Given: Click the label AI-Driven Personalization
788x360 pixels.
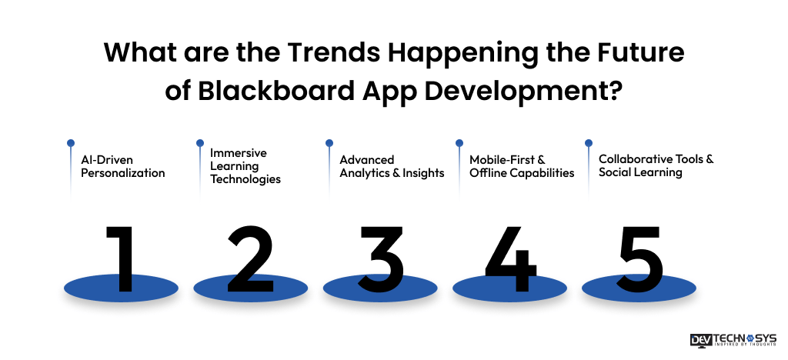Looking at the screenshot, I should [123, 166].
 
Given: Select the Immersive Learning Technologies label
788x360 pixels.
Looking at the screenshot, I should [245, 166].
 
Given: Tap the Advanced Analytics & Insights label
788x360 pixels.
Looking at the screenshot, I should [392, 166].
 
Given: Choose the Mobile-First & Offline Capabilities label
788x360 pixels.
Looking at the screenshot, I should [522, 166].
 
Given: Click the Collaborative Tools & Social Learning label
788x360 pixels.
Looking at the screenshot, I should [656, 166].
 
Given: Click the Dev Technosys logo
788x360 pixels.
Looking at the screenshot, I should [733, 341].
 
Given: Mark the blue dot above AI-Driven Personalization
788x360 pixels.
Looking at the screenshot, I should [71, 142].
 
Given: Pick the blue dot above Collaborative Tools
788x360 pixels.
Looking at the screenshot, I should [589, 142].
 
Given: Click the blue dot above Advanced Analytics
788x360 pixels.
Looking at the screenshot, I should [329, 142].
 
